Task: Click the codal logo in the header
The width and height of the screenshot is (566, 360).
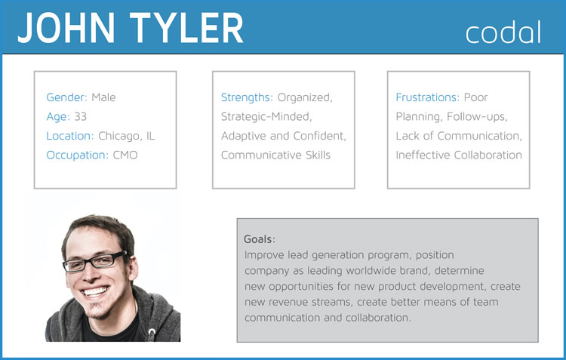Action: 503,32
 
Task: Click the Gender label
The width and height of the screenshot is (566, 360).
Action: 66,97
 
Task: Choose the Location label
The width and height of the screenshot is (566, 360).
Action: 70,136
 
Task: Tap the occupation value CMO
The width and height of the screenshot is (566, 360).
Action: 125,155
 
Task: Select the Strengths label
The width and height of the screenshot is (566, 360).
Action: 247,97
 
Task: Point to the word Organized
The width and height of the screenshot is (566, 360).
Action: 304,97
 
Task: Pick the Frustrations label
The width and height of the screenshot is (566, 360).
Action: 427,97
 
